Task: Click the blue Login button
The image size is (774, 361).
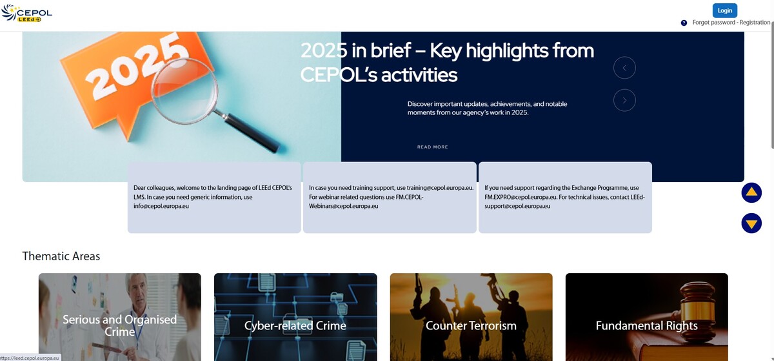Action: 724,10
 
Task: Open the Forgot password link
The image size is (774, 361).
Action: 714,23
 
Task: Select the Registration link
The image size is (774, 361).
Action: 755,23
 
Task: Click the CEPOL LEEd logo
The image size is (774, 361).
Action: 26,13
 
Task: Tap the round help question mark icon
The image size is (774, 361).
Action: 684,23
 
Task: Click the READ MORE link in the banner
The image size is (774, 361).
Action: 432,147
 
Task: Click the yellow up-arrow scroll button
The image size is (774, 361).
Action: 751,193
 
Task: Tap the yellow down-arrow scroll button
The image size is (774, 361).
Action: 751,223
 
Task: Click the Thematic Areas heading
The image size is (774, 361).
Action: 61,256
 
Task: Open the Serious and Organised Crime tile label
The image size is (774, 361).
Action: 119,325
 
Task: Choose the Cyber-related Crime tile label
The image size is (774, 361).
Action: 295,325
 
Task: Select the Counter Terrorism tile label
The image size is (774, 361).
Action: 471,325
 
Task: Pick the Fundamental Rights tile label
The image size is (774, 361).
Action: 646,325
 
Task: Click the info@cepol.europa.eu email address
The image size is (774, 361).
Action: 161,206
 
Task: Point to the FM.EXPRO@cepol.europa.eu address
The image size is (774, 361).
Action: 521,197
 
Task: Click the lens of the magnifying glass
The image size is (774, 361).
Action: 185,90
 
